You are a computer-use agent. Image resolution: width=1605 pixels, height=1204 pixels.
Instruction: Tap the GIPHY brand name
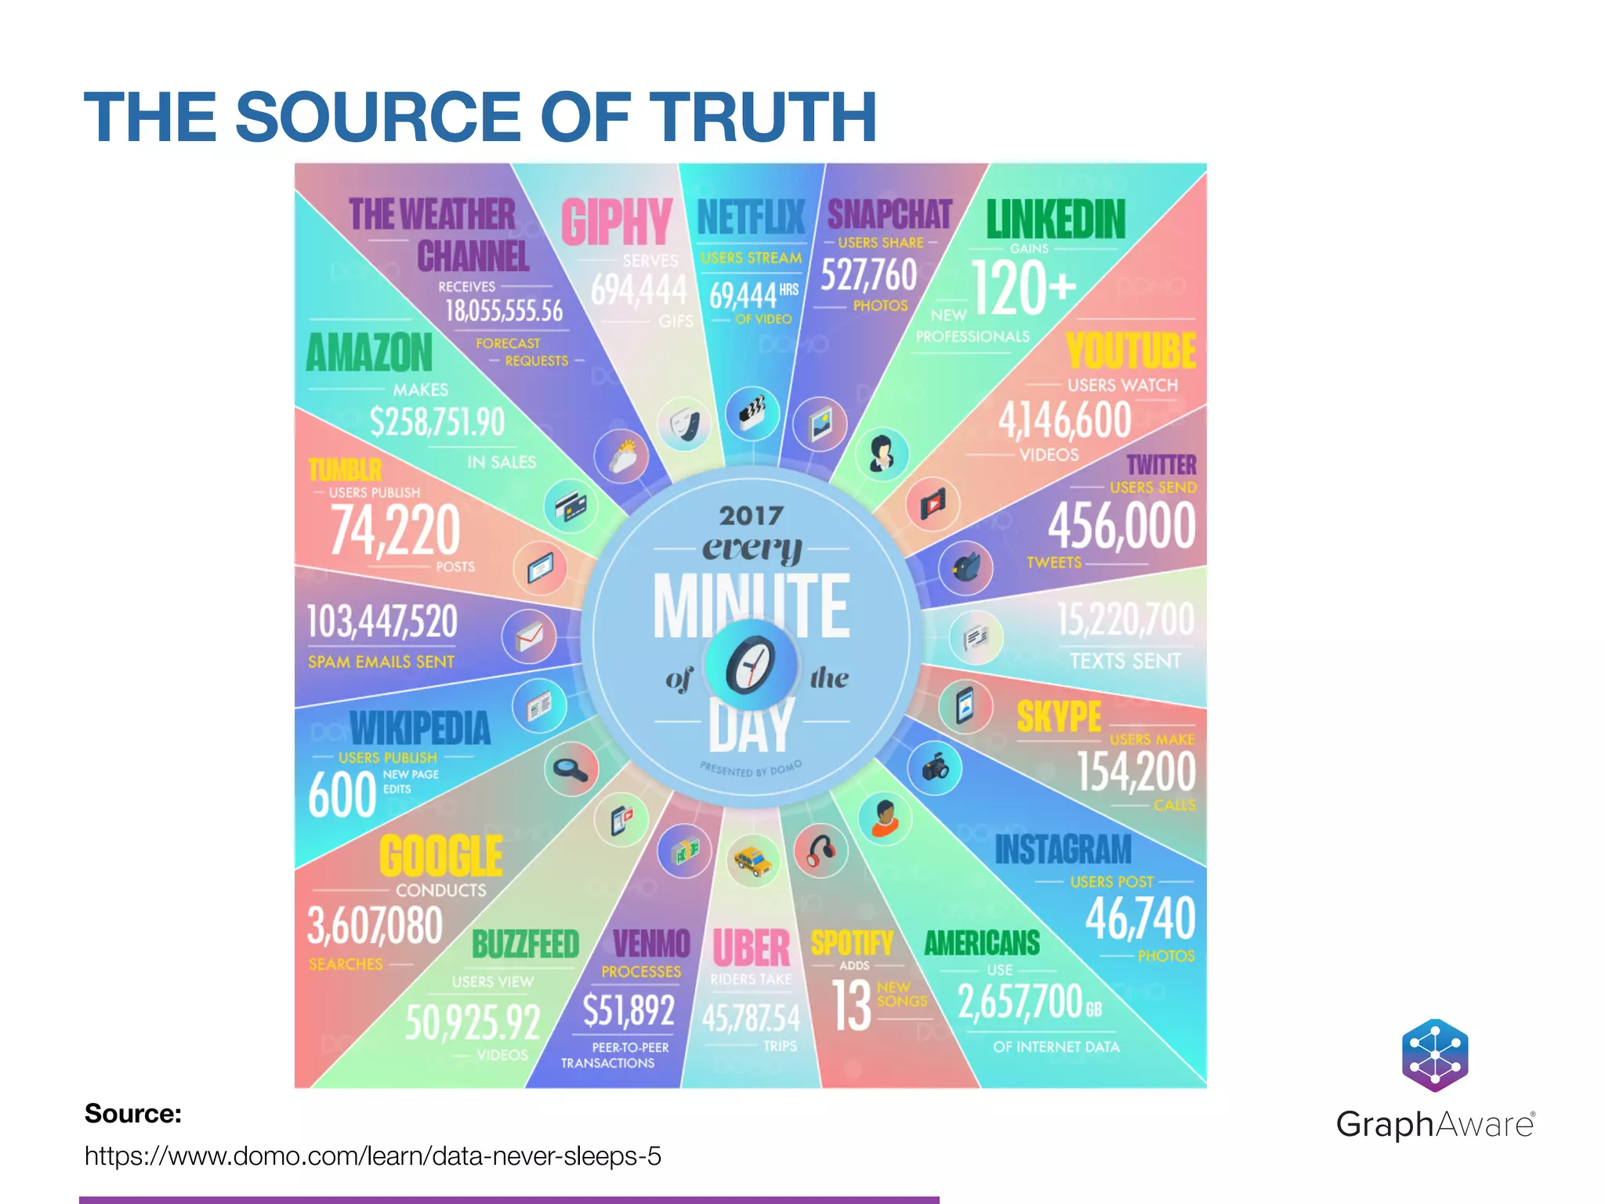[x=616, y=222]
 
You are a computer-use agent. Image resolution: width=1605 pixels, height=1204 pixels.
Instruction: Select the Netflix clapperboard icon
[x=752, y=412]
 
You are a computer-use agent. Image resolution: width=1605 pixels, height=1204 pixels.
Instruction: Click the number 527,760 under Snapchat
[x=868, y=275]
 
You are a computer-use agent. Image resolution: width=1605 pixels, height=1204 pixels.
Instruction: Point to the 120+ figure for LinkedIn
[x=1023, y=288]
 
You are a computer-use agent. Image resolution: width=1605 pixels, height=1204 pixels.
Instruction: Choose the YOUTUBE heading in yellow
[x=1130, y=350]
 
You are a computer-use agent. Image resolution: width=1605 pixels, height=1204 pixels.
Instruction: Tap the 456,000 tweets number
[x=1121, y=525]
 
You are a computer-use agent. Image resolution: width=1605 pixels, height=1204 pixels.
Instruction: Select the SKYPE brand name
[x=1059, y=716]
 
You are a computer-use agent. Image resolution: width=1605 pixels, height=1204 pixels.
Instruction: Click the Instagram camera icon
[x=934, y=767]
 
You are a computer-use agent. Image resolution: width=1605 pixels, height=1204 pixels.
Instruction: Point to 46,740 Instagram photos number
[x=1139, y=919]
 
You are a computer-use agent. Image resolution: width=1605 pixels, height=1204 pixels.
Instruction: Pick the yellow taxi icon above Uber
[x=753, y=861]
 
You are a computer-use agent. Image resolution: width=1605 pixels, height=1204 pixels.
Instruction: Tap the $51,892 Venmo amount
[x=629, y=1010]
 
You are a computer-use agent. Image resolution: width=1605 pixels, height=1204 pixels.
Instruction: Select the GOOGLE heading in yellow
[x=441, y=856]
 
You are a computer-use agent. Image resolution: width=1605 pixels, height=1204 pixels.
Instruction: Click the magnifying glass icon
[x=571, y=769]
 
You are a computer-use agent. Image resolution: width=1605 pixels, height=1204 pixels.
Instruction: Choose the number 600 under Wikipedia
[x=342, y=795]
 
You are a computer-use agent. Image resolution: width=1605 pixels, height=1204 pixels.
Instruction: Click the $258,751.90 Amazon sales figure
[x=437, y=422]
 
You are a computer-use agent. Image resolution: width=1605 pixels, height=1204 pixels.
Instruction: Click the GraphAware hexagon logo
[x=1434, y=1055]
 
